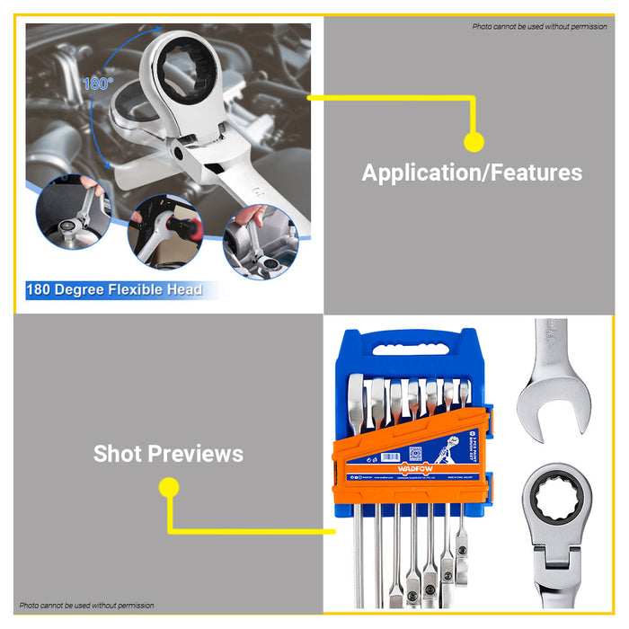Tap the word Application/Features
pos(472,173)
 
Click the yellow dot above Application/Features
pos(474,141)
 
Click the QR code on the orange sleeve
pos(415,452)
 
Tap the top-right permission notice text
pos(540,27)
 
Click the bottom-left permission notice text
pos(87,606)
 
